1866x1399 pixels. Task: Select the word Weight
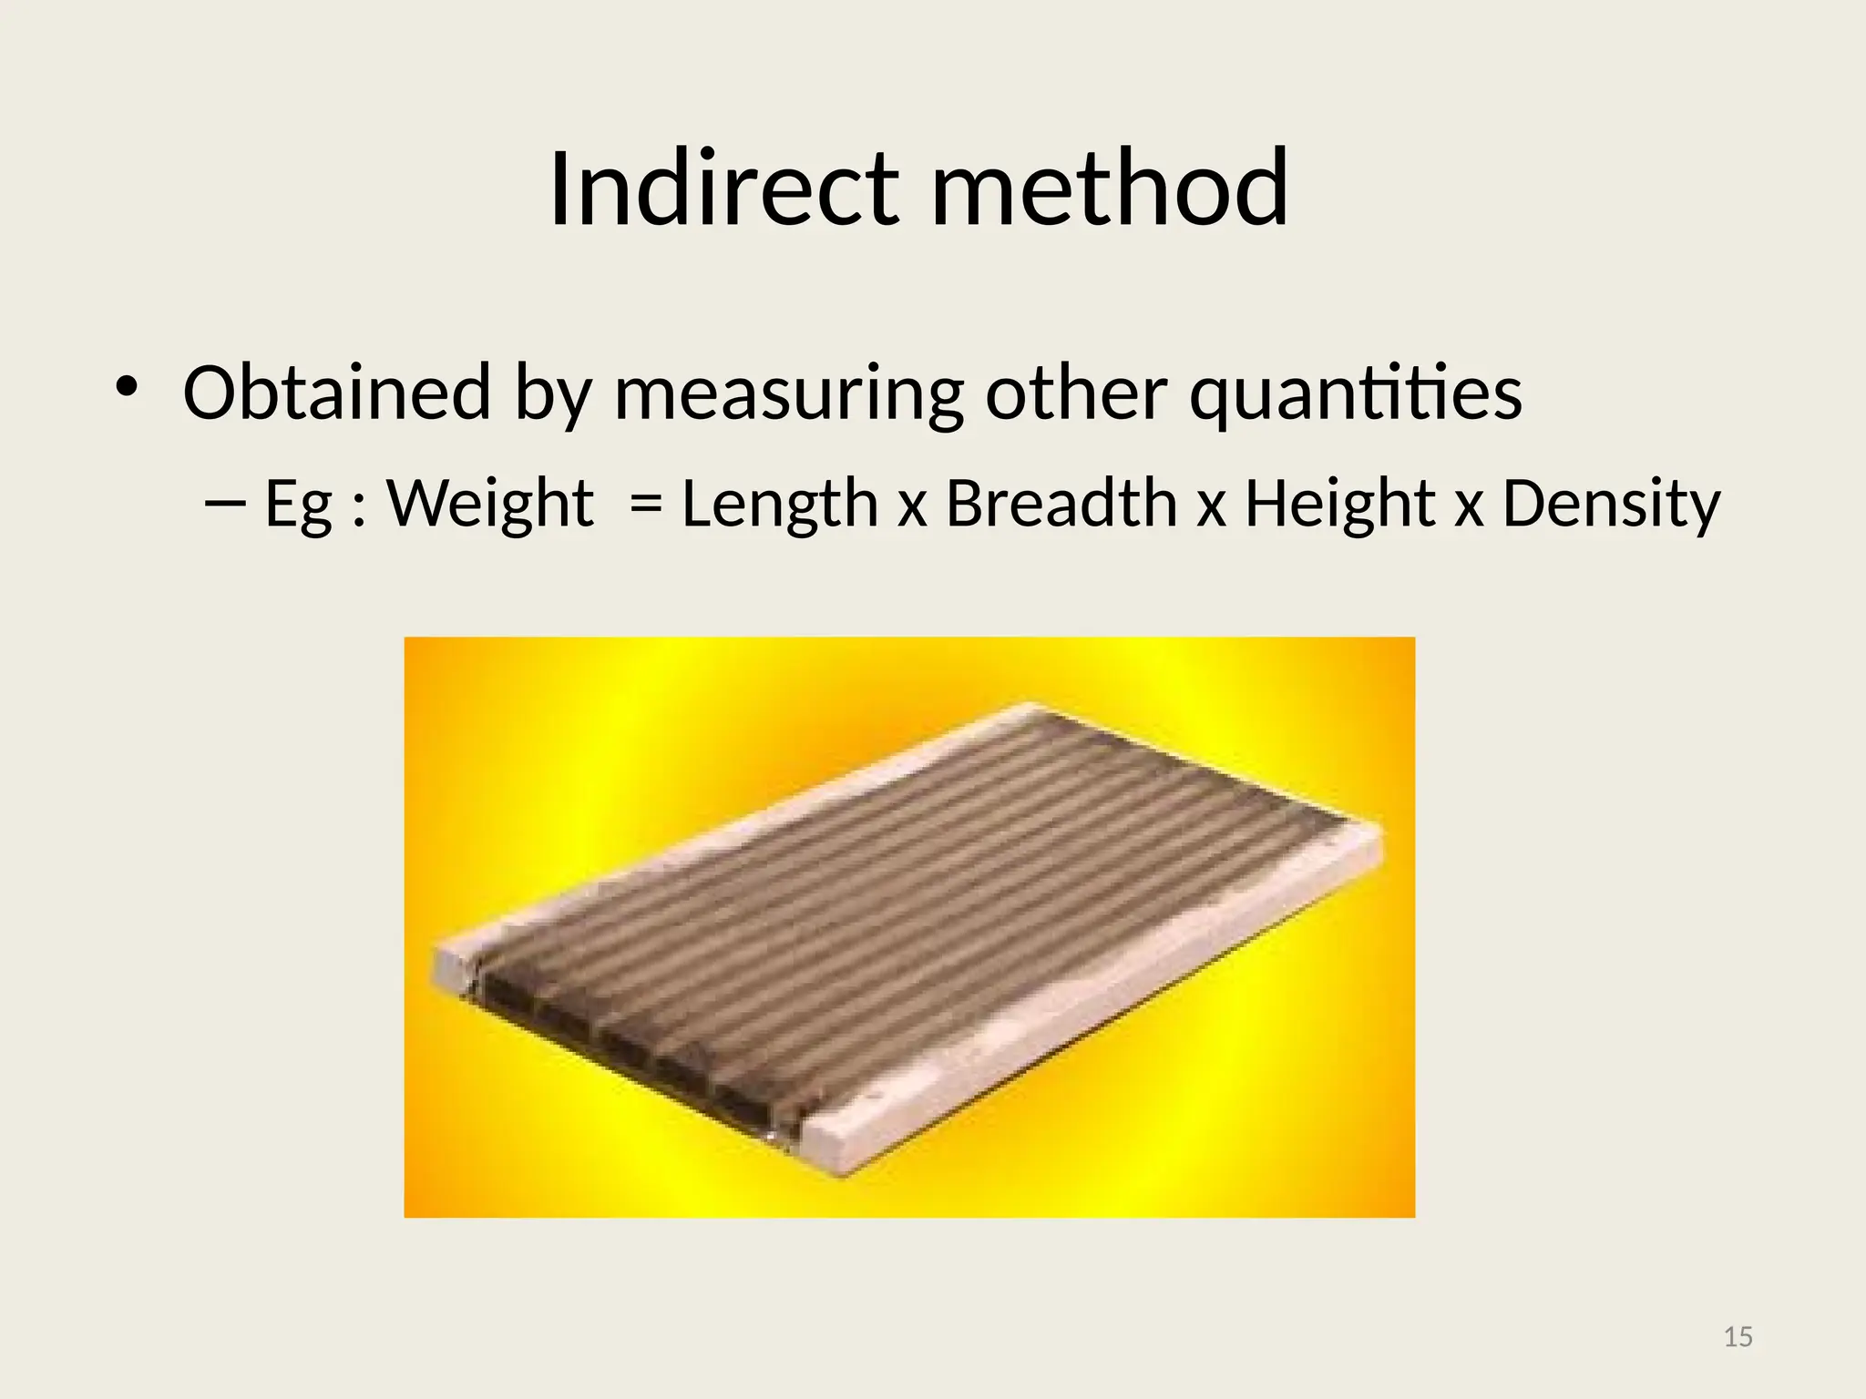tap(490, 505)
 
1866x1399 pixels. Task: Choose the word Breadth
tap(1061, 505)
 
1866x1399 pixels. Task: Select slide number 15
tap(1738, 1337)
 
